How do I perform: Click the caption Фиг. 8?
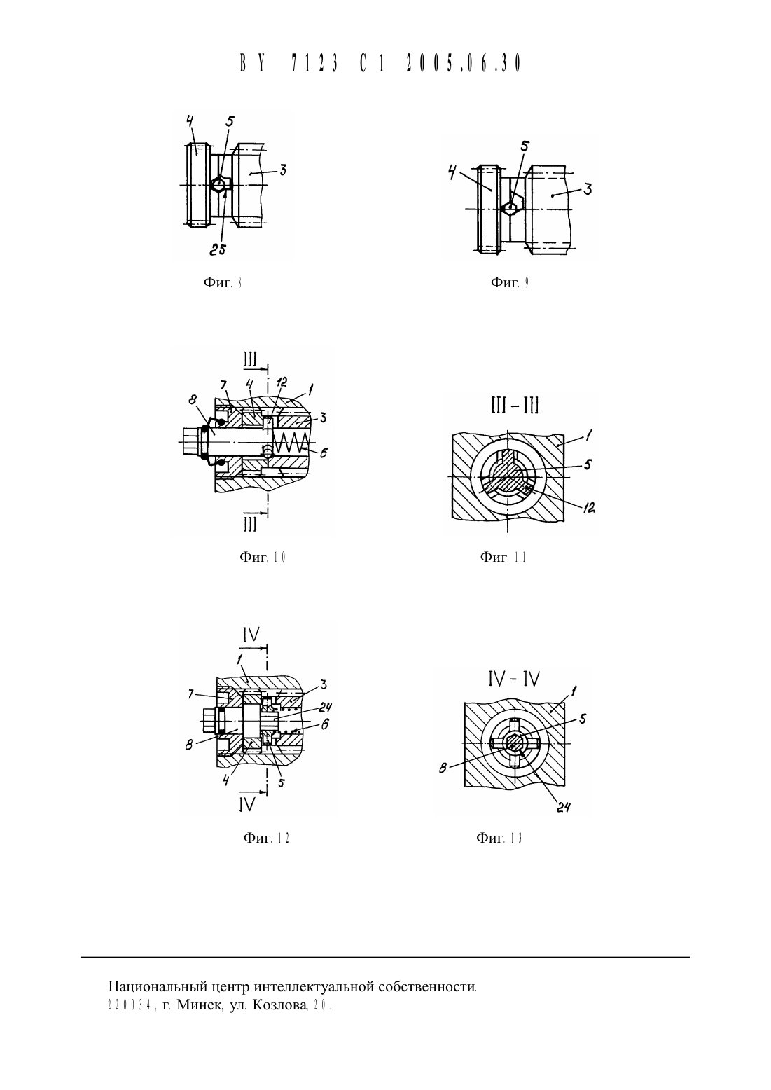pyautogui.click(x=222, y=282)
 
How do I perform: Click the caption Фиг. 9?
pyautogui.click(x=509, y=282)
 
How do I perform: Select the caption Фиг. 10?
pyautogui.click(x=262, y=557)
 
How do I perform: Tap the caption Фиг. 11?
pyautogui.click(x=503, y=557)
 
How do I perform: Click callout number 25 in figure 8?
pyautogui.click(x=218, y=249)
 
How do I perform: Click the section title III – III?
pyautogui.click(x=515, y=405)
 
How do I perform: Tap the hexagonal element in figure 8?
pyautogui.click(x=221, y=185)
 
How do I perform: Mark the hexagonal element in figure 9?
pyautogui.click(x=512, y=207)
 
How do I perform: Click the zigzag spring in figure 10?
pyautogui.click(x=290, y=442)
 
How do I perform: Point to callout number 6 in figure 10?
pyautogui.click(x=323, y=453)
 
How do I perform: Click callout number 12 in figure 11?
pyautogui.click(x=589, y=508)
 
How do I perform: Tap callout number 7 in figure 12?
pyautogui.click(x=190, y=694)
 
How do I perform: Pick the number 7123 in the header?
pyautogui.click(x=314, y=63)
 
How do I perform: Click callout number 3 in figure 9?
pyautogui.click(x=588, y=189)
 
